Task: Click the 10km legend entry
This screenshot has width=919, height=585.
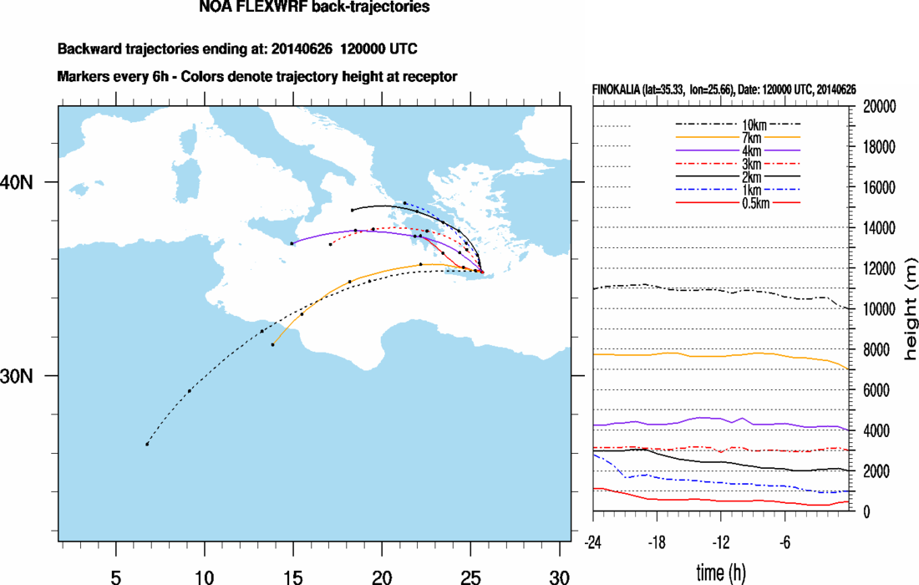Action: [x=738, y=124]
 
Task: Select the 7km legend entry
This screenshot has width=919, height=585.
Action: [x=738, y=137]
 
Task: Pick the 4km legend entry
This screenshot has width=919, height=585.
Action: [x=738, y=150]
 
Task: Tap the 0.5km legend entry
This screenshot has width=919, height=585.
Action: [x=738, y=203]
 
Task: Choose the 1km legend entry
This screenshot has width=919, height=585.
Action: [x=738, y=190]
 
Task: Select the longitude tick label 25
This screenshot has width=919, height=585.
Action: [x=471, y=576]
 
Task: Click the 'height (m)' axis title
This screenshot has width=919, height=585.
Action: [x=910, y=309]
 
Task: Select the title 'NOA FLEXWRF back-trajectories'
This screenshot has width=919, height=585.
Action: [x=315, y=8]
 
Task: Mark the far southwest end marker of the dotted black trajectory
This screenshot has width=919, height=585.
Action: [x=147, y=444]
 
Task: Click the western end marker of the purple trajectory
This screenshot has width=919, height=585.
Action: [x=292, y=243]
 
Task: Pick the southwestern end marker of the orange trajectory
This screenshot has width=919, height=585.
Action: [x=272, y=344]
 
